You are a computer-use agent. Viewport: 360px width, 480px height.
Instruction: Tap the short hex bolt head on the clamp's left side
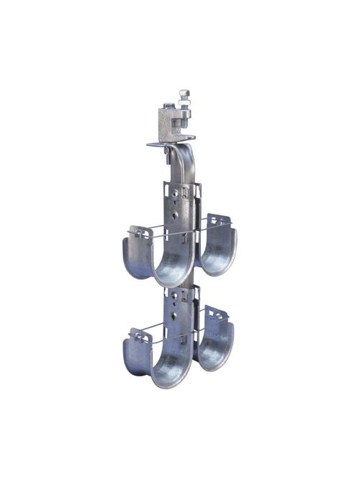coord(165,107)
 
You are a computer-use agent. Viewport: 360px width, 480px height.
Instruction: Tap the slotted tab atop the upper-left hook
coord(139,232)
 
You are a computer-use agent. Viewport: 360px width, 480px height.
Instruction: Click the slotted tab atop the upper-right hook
coord(219,219)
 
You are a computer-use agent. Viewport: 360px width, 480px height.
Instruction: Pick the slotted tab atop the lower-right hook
coord(217,314)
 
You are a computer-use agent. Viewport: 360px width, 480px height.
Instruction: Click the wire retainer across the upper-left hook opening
coord(155,235)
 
